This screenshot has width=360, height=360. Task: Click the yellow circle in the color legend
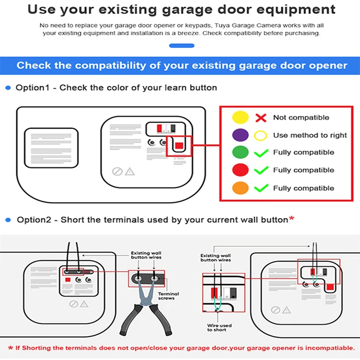[x=240, y=117]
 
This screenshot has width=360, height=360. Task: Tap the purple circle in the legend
[x=240, y=135]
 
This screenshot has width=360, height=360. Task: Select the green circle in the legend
[x=240, y=152]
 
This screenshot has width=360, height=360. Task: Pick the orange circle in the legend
[x=240, y=188]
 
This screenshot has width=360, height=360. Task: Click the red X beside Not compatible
[x=261, y=118]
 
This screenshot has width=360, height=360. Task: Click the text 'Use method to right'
[x=310, y=135]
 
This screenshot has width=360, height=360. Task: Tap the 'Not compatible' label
[x=301, y=118]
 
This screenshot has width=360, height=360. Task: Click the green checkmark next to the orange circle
[x=261, y=188]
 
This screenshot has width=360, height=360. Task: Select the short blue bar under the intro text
[x=181, y=46]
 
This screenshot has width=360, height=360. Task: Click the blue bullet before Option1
[x=8, y=88]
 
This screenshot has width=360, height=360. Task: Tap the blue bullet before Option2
[x=8, y=220]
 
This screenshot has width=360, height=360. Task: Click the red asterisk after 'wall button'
[x=291, y=218]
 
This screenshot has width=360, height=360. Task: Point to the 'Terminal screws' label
[x=168, y=296]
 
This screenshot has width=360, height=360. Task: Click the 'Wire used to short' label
[x=219, y=327]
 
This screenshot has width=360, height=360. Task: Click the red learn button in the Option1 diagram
[x=179, y=145]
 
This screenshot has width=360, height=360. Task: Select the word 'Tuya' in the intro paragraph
[x=222, y=25]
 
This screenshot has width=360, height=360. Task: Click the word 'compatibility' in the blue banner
[x=110, y=65]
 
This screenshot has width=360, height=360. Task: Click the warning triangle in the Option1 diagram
[x=130, y=171]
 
